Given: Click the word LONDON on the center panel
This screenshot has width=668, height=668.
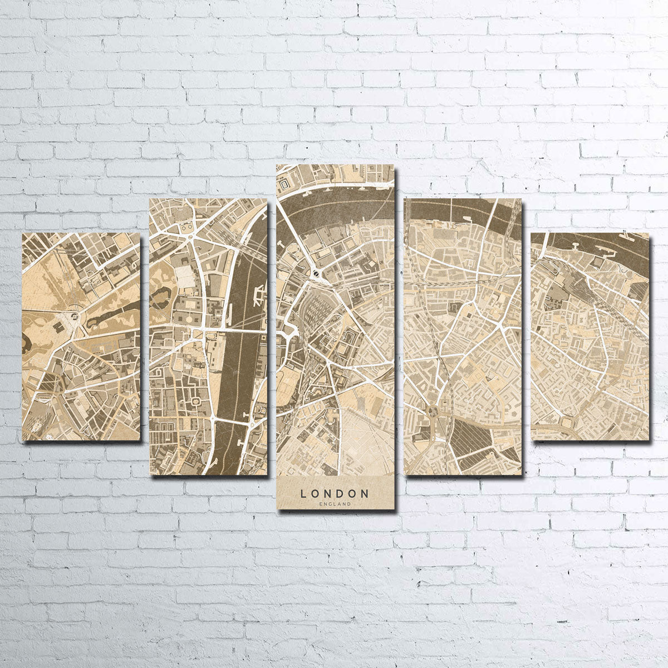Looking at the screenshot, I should click(335, 493).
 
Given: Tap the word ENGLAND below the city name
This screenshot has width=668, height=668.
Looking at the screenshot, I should click(335, 504).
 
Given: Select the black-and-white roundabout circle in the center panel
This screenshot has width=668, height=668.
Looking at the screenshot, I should click(316, 273).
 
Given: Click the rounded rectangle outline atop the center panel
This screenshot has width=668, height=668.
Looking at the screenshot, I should click(285, 183).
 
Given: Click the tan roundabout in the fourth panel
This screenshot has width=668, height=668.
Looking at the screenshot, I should click(433, 412).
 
